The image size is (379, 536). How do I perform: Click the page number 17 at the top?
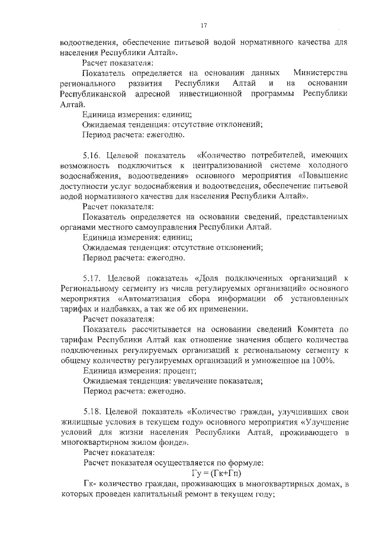[203, 25]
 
